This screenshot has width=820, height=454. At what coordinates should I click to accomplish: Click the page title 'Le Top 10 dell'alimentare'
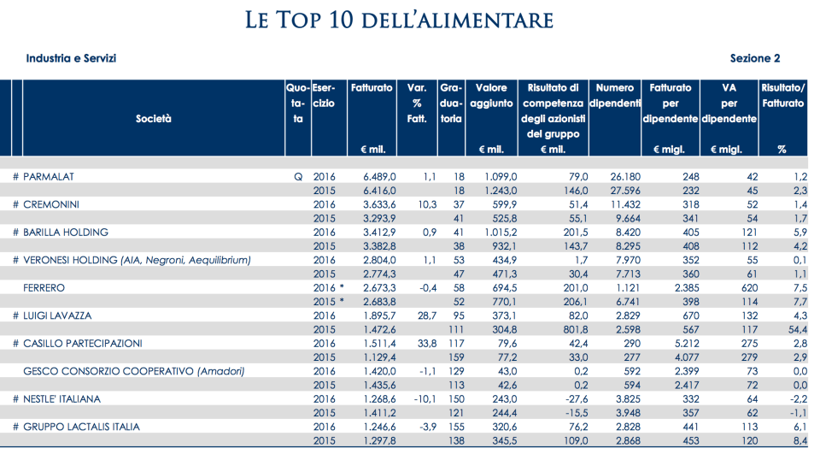[399, 20]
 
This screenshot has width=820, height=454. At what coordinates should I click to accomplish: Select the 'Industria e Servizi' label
[71, 58]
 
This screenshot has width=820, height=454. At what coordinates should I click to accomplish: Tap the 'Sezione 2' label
[755, 58]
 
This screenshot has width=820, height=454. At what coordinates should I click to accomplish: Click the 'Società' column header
[154, 119]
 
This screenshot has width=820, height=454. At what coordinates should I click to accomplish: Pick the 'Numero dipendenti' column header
[615, 95]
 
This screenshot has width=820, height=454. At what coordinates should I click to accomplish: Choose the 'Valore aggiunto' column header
[491, 95]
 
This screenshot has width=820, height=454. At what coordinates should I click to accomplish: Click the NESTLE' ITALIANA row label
[62, 398]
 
